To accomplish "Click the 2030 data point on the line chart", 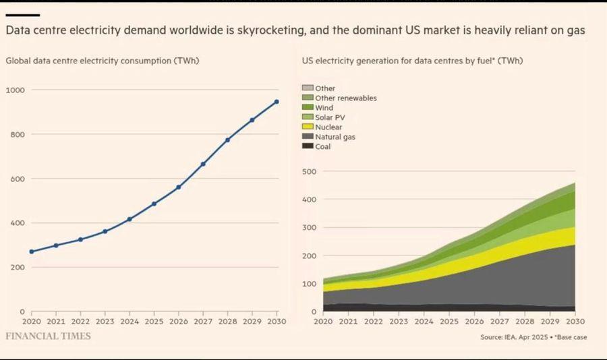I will (x=277, y=102).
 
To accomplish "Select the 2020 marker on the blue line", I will (x=32, y=251).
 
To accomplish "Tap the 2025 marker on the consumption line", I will (x=154, y=204).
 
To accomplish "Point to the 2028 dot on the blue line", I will (x=227, y=140).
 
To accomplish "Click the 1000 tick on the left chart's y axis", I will (x=15, y=90).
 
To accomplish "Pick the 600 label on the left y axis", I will (x=17, y=179).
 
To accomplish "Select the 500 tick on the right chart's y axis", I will (x=308, y=171).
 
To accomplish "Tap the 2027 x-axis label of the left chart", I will (x=203, y=322).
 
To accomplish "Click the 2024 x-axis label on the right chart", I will (x=423, y=322).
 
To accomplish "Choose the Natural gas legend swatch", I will (x=308, y=137).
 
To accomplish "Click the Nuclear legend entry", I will (x=328, y=127).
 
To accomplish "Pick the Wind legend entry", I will (x=324, y=108).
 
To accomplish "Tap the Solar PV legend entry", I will (x=329, y=117).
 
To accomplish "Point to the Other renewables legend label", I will (x=345, y=98).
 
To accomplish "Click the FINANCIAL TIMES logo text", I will (x=48, y=336).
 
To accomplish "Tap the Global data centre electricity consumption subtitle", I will (x=103, y=61).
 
